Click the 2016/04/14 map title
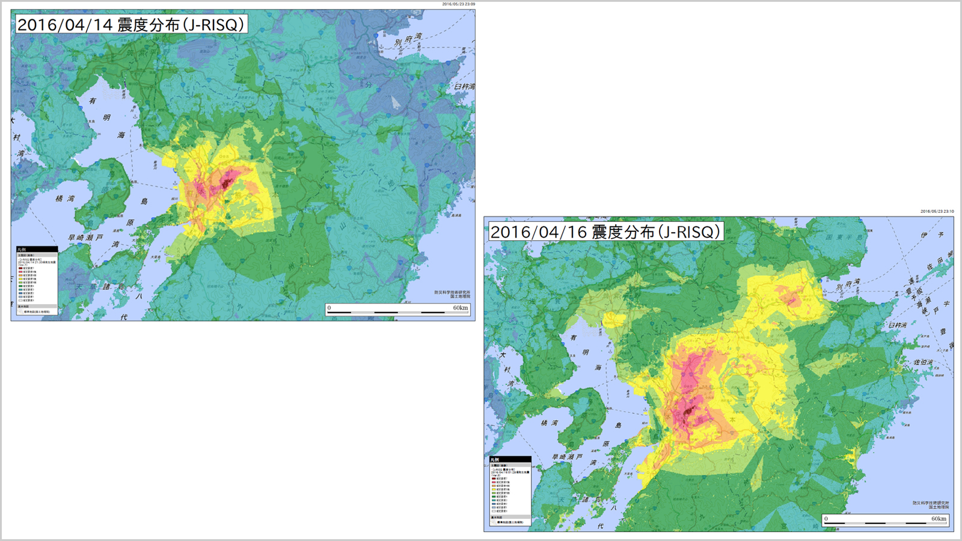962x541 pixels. coord(130,25)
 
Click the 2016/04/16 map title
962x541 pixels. coord(605,232)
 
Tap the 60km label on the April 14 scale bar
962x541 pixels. coord(460,308)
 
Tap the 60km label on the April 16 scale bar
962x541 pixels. coord(939,519)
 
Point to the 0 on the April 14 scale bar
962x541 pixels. coord(329,308)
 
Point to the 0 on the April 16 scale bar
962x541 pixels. coord(826,519)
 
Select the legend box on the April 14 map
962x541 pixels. coord(37,280)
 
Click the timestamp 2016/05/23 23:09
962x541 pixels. coord(458,4)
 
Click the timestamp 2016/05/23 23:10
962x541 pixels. coord(937,212)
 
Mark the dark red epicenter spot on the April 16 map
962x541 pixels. coord(688,412)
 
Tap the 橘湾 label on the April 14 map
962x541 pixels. coord(66,198)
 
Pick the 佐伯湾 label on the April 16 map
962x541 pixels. coord(924,362)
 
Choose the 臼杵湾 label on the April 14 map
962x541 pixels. coord(464,87)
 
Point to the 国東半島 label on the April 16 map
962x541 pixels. coord(845,237)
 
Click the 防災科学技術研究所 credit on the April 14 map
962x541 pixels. coord(452,292)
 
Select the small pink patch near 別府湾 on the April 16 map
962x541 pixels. coord(791,296)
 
